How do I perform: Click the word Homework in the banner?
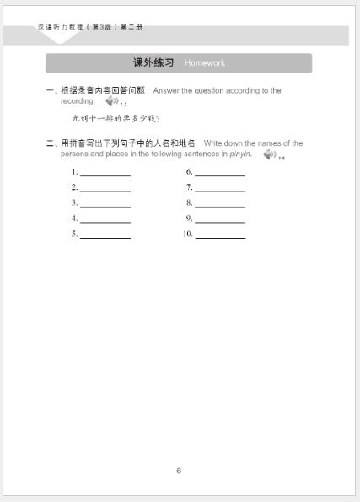click(x=205, y=63)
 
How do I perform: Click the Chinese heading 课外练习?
click(x=153, y=63)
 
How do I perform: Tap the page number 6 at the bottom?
click(x=179, y=471)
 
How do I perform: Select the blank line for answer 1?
click(x=105, y=173)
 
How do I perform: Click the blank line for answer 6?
click(x=219, y=173)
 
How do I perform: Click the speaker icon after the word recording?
click(x=112, y=101)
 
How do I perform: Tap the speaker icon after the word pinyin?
click(x=270, y=154)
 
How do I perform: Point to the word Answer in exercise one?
click(x=166, y=90)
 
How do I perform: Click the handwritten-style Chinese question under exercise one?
click(x=116, y=119)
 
